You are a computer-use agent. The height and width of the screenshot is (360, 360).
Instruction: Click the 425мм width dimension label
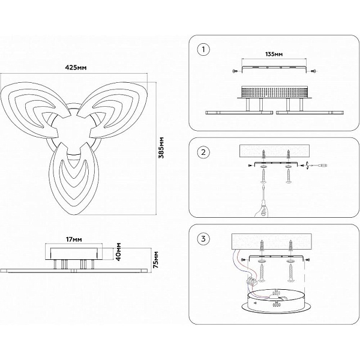pyautogui.click(x=76, y=68)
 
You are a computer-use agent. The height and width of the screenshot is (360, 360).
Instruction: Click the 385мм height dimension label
pyautogui.click(x=161, y=148)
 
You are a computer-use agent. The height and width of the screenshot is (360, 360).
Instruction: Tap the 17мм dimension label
pyautogui.click(x=74, y=239)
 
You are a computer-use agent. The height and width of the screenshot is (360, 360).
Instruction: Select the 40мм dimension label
pyautogui.click(x=118, y=251)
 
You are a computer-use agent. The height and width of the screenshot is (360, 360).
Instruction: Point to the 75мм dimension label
pyautogui.click(x=156, y=260)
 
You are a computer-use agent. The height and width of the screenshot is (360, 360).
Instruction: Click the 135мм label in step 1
pyautogui.click(x=274, y=54)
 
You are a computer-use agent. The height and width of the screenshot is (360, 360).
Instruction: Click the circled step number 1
pyautogui.click(x=203, y=50)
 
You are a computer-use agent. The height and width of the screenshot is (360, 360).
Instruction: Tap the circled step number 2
pyautogui.click(x=203, y=152)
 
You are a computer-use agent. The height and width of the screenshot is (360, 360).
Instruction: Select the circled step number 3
pyautogui.click(x=203, y=239)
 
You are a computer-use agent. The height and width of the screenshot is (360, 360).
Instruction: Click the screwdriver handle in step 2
pyautogui.click(x=264, y=208)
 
